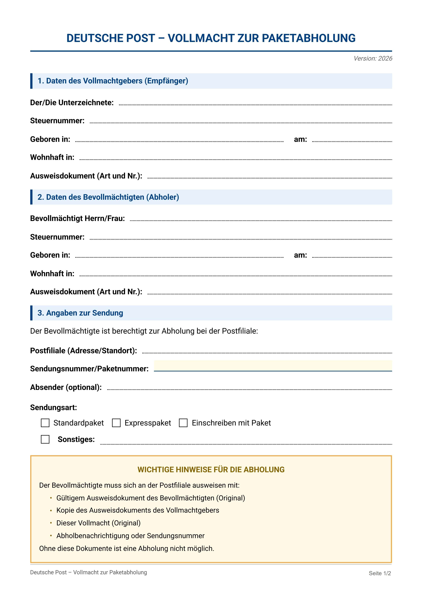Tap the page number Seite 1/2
(x=380, y=573)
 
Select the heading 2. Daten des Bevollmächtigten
(x=108, y=197)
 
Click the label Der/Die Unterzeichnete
(x=72, y=103)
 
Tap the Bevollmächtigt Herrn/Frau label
(x=77, y=218)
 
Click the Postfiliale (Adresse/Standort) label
(x=83, y=351)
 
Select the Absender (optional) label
(x=66, y=387)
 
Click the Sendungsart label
(x=54, y=407)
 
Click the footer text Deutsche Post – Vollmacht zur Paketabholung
(x=88, y=572)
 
